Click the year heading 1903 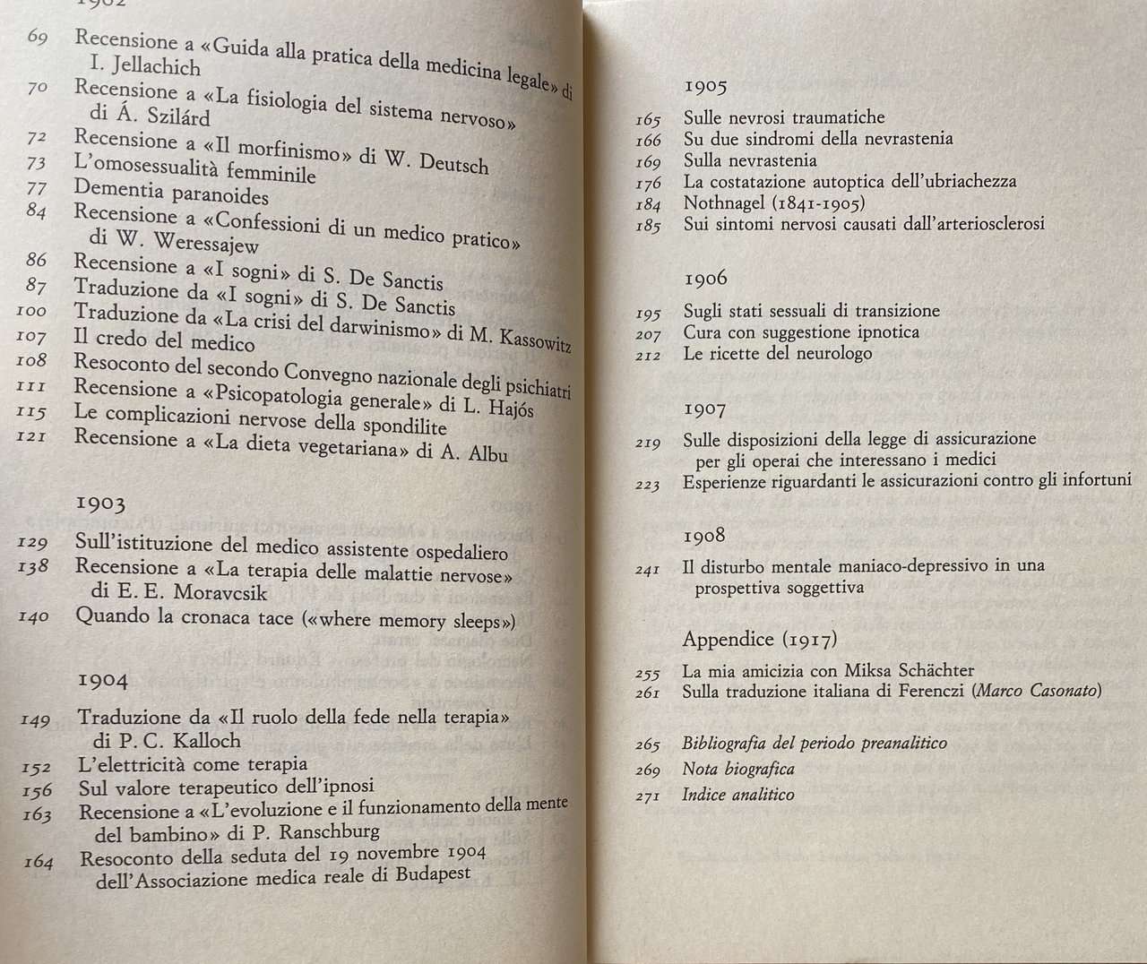100,503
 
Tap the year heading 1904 103,679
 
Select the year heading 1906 705,278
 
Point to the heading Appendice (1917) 760,639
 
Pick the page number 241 648,568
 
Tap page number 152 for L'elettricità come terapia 37,767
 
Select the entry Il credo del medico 165,340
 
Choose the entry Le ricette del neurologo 778,353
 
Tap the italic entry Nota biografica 737,769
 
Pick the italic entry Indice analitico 737,794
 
